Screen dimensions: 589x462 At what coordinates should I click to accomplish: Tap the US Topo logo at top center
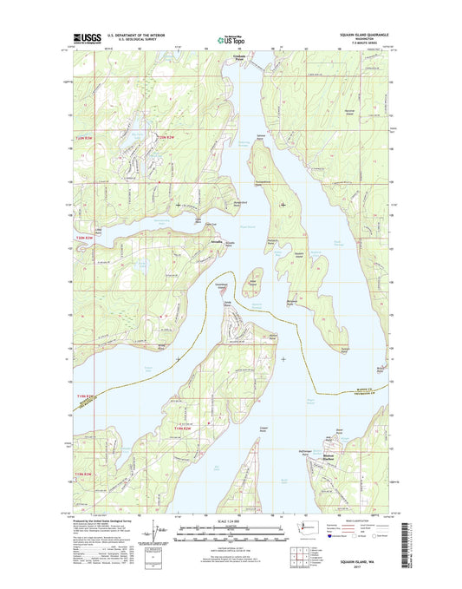[230, 39]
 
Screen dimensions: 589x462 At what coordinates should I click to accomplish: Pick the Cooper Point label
[264, 428]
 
